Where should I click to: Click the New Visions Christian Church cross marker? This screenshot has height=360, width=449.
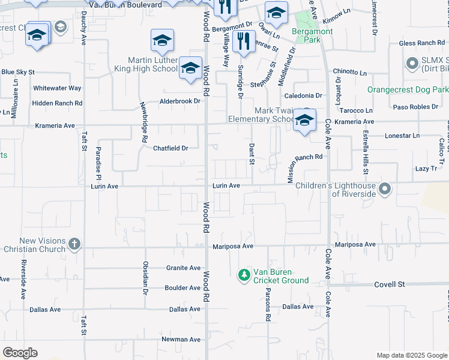point(74,244)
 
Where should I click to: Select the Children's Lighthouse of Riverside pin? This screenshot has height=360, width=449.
point(385,190)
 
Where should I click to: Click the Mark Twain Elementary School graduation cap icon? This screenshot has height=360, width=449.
point(304,121)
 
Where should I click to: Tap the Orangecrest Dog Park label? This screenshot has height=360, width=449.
point(408,89)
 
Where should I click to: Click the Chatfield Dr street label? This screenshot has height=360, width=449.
point(170,148)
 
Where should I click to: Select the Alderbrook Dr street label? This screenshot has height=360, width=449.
point(179,101)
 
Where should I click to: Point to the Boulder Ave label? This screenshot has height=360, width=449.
point(182,288)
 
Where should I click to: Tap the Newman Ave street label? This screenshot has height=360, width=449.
point(181,340)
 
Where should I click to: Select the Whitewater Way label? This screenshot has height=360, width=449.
point(57,88)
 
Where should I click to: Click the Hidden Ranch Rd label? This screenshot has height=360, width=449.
point(57,103)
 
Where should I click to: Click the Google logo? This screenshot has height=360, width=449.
point(20,353)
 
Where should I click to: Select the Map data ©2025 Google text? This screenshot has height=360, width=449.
point(411,355)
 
